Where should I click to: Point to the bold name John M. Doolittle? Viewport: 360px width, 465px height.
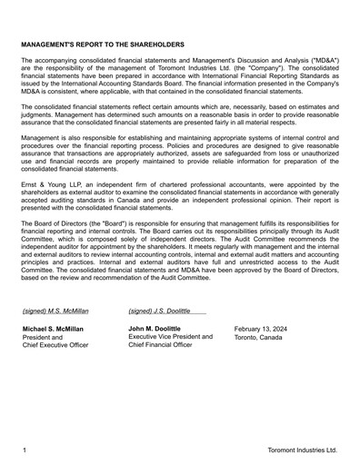pos(155,328)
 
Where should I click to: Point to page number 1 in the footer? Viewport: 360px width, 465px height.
pos(25,450)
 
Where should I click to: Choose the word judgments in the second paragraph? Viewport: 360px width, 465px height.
pos(41,118)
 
